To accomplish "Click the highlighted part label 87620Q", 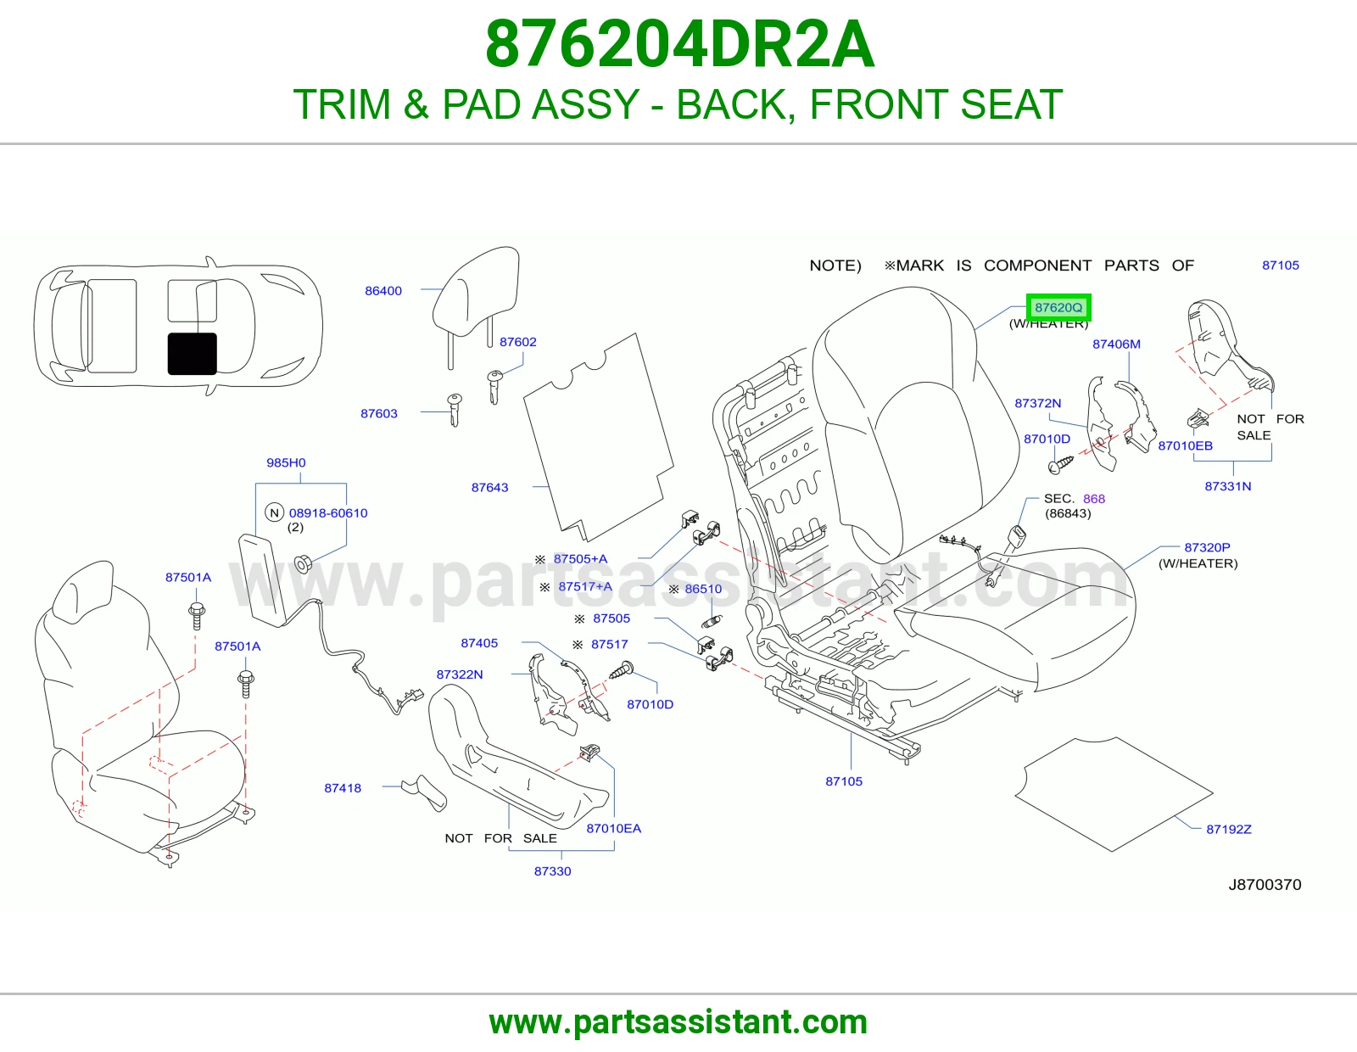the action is [1058, 307].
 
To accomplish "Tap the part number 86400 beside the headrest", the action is [383, 290].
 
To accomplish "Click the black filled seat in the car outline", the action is [193, 354].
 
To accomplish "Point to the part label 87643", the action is [489, 487].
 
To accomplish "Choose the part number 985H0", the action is [286, 462].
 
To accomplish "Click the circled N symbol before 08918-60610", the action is [275, 513].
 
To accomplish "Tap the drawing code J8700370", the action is [1265, 885].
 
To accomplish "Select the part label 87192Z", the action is [1228, 829].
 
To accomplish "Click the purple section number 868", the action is [1093, 499].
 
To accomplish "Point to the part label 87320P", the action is [1207, 547].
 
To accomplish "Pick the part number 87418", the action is [343, 788].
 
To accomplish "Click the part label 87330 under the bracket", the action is [553, 870].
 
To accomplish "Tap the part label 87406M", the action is [1116, 344].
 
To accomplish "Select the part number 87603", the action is [379, 413].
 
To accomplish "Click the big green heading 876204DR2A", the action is [679, 44].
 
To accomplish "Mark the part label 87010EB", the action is [1186, 445].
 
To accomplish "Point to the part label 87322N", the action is [460, 674].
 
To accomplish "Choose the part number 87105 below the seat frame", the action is [844, 781].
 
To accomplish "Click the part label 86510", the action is [703, 589].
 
